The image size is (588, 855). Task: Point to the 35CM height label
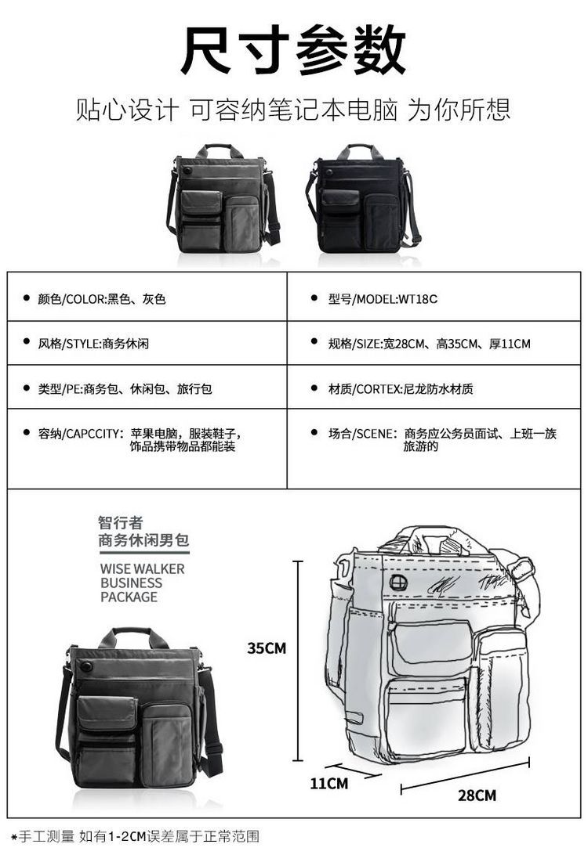point(267,648)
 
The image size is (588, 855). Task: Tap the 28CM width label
point(477,795)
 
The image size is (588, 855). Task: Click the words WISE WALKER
point(142,568)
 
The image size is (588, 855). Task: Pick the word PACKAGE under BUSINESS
point(129,597)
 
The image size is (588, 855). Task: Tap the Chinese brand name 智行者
point(120,522)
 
